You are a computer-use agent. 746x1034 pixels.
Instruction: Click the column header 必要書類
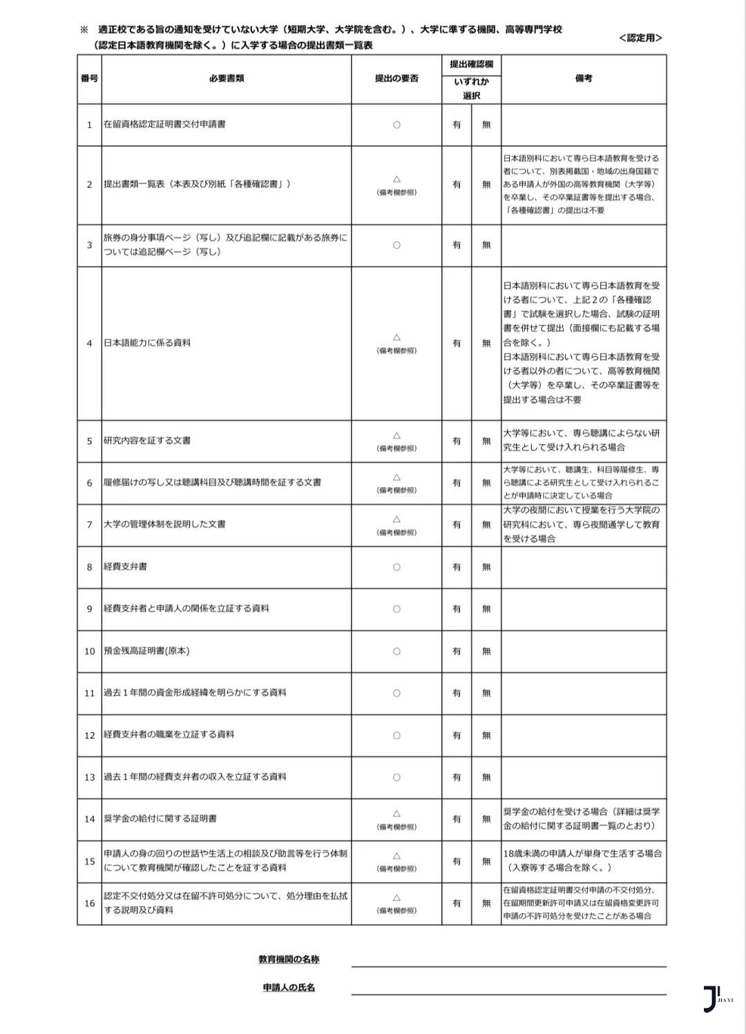point(226,79)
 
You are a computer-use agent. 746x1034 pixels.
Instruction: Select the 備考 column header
point(583,79)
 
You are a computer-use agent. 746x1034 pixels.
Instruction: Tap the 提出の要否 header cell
point(396,79)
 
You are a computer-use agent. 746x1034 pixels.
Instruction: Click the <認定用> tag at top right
point(640,38)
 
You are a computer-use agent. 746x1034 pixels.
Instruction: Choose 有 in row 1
point(457,125)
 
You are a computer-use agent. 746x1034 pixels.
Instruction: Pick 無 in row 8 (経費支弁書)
point(486,567)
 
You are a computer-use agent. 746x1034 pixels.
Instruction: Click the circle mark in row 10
point(396,651)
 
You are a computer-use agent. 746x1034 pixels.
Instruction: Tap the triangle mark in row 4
point(396,337)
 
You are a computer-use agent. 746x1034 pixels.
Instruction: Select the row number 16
point(89,903)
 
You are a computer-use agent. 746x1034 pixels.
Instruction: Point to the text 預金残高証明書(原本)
point(146,651)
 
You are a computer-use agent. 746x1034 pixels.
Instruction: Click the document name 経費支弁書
point(125,567)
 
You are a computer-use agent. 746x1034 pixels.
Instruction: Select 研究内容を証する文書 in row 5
point(147,441)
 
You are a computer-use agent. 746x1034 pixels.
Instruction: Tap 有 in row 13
point(457,777)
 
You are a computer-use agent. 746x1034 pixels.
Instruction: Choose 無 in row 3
point(486,245)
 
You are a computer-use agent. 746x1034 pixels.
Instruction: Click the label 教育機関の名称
point(289,959)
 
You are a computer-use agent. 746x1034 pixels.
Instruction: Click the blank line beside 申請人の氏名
point(508,989)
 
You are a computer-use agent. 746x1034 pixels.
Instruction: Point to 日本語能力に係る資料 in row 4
point(147,343)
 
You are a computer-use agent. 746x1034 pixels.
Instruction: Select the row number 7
point(89,525)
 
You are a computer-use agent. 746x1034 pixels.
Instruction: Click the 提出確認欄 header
point(471,64)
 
